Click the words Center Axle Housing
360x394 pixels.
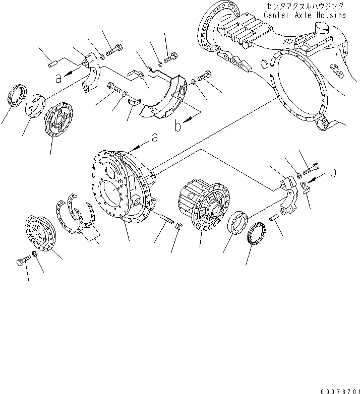(x=305, y=15)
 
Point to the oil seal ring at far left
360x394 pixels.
(x=16, y=96)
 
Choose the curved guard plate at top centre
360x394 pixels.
(x=161, y=96)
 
